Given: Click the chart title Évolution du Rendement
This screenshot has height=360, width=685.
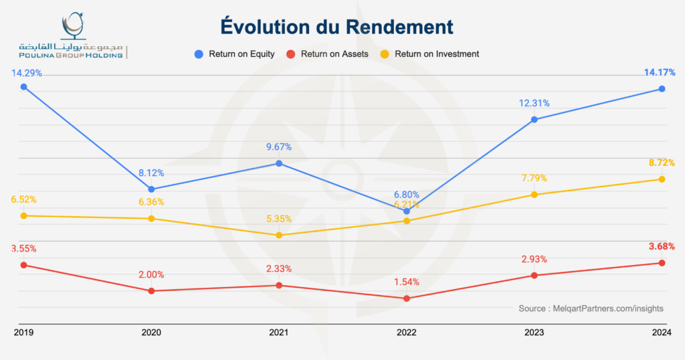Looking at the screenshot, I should coord(337,27).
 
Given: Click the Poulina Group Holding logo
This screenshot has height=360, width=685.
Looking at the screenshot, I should coord(72,37).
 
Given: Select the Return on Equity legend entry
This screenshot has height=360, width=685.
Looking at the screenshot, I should coord(235,54).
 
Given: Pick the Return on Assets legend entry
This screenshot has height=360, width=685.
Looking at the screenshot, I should coord(328,54).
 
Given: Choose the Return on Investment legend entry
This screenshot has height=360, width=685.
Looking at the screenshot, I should coord(430,54).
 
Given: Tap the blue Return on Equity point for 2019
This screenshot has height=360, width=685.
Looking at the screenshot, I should coord(23,87).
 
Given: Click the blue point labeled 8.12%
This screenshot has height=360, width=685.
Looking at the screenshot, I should coord(151,189).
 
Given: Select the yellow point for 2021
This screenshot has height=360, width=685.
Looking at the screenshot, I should coord(279,235).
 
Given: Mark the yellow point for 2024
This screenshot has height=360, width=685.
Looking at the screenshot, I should coord(662,179).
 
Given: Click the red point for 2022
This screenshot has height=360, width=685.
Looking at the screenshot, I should coord(407,298).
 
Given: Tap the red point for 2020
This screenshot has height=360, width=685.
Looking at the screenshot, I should coord(151,290).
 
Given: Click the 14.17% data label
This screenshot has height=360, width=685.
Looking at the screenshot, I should coord(661,72).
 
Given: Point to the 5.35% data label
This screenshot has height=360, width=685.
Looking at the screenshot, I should coord(278,219).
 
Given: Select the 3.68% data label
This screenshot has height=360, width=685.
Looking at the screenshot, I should coord(661,246).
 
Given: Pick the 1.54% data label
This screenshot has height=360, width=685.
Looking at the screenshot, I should coord(406,282).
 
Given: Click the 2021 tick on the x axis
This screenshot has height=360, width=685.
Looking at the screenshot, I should coord(279,332).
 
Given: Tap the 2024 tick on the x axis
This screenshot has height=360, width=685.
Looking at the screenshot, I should coord(662,332).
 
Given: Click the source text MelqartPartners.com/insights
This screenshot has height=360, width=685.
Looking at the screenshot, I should coord(591,308).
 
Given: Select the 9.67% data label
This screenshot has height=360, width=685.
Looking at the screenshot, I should coord(278,147).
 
